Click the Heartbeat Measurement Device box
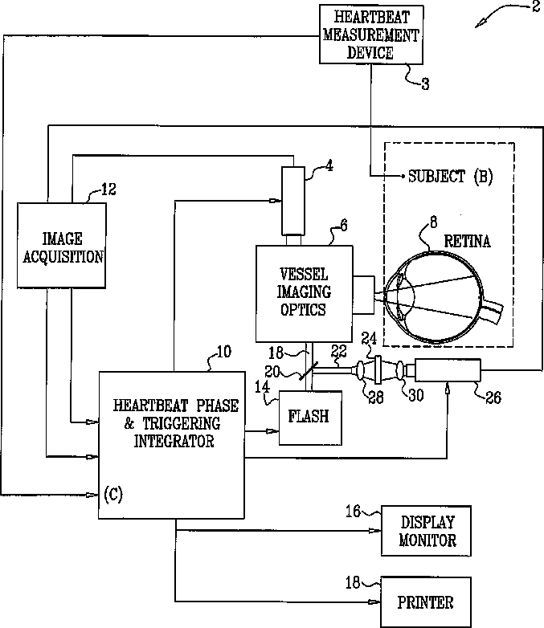[371, 35]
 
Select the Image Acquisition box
[61, 246]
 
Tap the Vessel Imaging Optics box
[305, 294]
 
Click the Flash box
[310, 418]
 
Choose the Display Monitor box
[426, 531]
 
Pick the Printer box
[425, 602]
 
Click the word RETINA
[467, 241]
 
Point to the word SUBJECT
[436, 176]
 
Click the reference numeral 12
[108, 189]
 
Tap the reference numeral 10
[223, 352]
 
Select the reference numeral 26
[493, 398]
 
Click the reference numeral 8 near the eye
[433, 222]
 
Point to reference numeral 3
[425, 84]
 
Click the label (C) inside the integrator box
[113, 495]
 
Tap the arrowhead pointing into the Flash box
[273, 431]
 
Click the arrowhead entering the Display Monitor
[375, 531]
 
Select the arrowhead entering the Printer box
[374, 601]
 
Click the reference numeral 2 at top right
[536, 6]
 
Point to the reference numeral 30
[416, 395]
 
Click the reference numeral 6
[344, 226]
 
